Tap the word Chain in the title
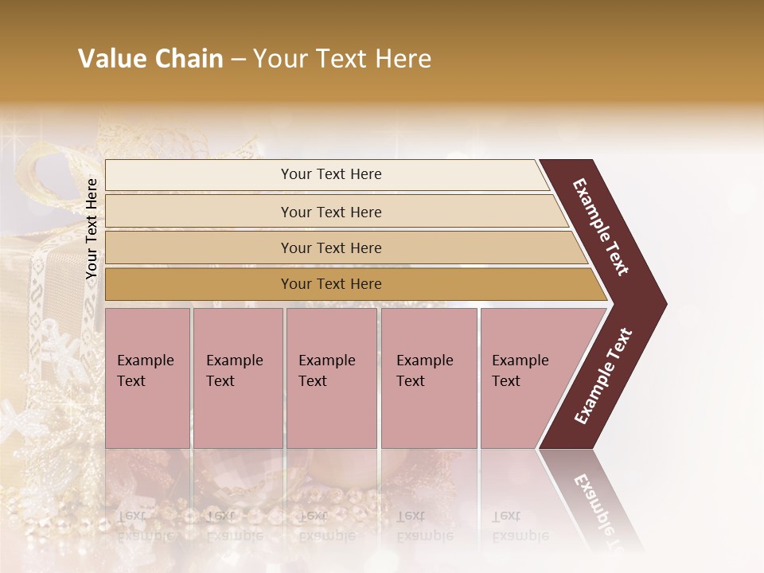(x=189, y=59)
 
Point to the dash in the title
(x=238, y=60)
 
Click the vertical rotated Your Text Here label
(x=92, y=228)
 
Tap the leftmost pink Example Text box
(x=147, y=378)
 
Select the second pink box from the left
(x=237, y=378)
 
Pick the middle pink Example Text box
(x=331, y=378)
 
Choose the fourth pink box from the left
(x=428, y=378)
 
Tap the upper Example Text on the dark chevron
(x=602, y=227)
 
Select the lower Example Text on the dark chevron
(x=603, y=376)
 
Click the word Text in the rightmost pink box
(x=506, y=381)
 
